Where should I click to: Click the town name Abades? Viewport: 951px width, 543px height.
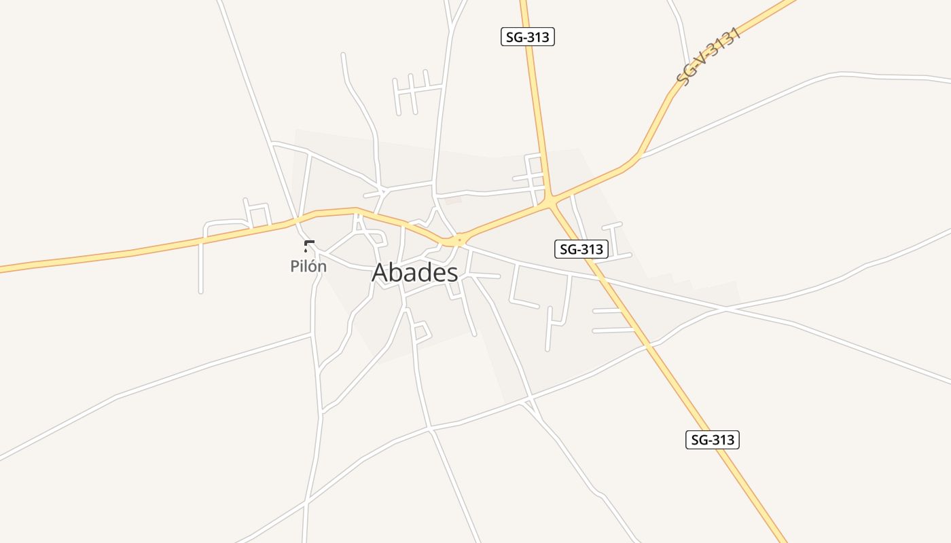(414, 273)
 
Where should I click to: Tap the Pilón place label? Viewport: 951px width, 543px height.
(308, 266)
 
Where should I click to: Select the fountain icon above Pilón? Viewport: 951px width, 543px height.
(309, 246)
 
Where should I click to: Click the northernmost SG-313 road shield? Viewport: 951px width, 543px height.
(528, 37)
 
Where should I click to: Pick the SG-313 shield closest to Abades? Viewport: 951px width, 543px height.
(581, 249)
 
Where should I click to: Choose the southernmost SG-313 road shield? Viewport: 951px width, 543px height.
(712, 440)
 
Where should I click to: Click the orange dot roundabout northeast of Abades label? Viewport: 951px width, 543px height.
(460, 239)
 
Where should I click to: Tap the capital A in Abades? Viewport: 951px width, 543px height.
(380, 273)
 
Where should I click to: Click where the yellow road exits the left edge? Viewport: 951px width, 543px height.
(1, 269)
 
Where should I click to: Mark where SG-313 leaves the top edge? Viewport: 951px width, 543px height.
(524, 1)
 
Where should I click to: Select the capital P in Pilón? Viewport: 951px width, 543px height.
(295, 266)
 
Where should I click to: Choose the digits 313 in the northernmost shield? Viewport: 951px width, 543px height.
(537, 37)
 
